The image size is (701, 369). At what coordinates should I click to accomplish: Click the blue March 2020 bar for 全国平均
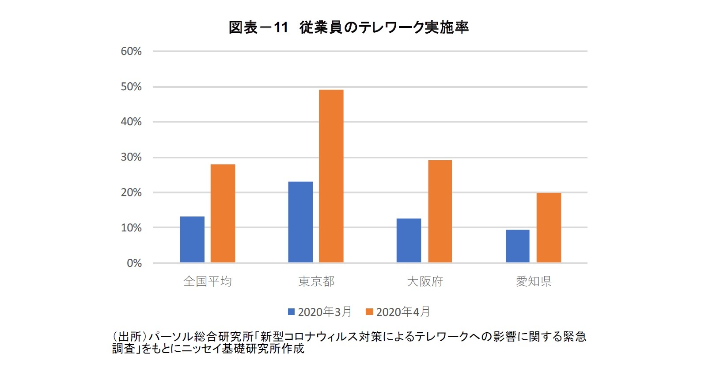pyautogui.click(x=192, y=239)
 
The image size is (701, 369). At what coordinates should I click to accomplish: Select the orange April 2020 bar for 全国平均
pyautogui.click(x=223, y=213)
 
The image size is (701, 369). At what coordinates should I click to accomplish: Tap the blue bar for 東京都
pyautogui.click(x=300, y=222)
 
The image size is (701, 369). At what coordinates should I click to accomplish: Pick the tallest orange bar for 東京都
pyautogui.click(x=331, y=176)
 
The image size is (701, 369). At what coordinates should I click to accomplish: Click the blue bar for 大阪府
pyautogui.click(x=409, y=240)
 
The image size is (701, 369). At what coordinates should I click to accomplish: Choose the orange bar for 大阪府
pyautogui.click(x=440, y=211)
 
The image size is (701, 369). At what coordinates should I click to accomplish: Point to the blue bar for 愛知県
pyautogui.click(x=517, y=246)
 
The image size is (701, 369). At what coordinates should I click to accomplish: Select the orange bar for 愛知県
pyautogui.click(x=549, y=227)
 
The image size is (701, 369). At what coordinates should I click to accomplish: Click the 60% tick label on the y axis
pyautogui.click(x=131, y=51)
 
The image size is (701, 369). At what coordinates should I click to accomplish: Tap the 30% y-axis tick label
pyautogui.click(x=131, y=157)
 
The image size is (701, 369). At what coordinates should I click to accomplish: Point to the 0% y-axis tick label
pyautogui.click(x=134, y=263)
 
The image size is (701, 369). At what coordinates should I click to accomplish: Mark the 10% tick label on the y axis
pyautogui.click(x=131, y=228)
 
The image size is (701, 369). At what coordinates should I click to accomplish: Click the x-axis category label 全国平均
pyautogui.click(x=207, y=281)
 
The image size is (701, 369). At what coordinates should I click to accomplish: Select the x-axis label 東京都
pyautogui.click(x=316, y=281)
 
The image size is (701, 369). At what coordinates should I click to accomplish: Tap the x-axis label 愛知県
pyautogui.click(x=534, y=281)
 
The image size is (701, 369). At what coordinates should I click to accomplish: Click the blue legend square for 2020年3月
pyautogui.click(x=291, y=312)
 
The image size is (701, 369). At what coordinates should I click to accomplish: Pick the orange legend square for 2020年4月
pyautogui.click(x=370, y=312)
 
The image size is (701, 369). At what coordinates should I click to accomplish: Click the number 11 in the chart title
pyautogui.click(x=280, y=27)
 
